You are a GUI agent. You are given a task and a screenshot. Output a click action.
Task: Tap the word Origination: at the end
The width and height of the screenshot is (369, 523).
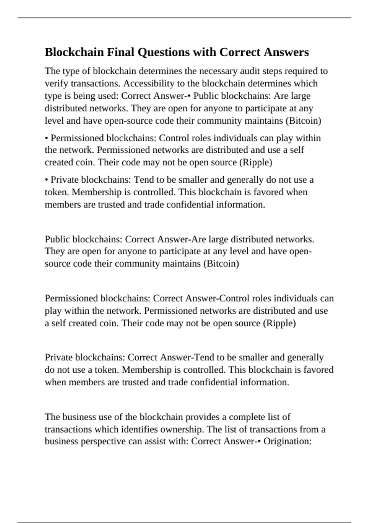(x=288, y=441)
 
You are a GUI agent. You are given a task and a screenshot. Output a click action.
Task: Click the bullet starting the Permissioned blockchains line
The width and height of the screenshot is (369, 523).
(x=46, y=138)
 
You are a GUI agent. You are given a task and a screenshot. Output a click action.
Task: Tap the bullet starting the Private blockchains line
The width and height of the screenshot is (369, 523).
(x=46, y=180)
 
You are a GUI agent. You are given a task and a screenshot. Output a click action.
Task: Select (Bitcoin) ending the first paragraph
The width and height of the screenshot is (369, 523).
(x=304, y=121)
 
